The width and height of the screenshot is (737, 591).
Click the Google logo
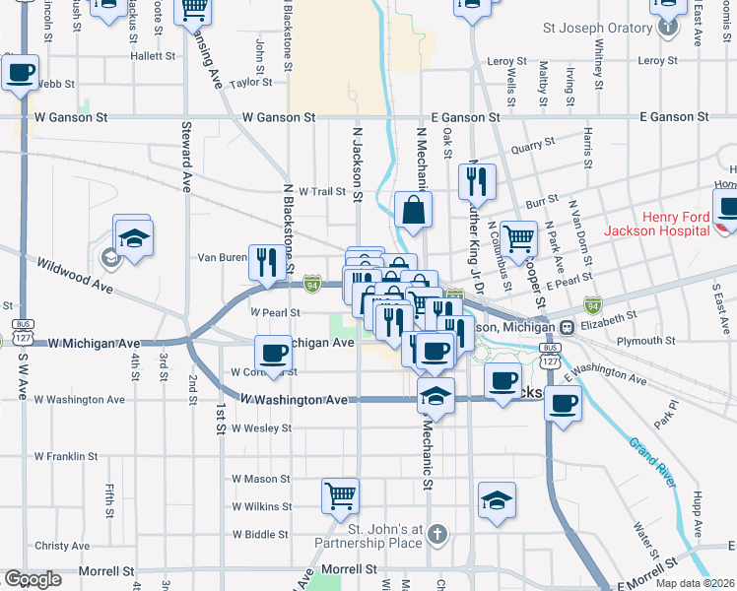pyautogui.click(x=33, y=579)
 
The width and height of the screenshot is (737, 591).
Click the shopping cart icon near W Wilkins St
pyautogui.click(x=340, y=495)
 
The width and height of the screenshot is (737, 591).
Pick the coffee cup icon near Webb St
pyautogui.click(x=20, y=72)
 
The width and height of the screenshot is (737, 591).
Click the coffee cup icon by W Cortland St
pyautogui.click(x=273, y=353)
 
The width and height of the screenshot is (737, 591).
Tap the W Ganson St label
pyautogui.click(x=71, y=117)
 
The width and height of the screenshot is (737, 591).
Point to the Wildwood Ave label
pyautogui.click(x=74, y=278)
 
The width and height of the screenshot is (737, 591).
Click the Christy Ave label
pyautogui.click(x=62, y=546)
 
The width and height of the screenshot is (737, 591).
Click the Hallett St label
pyautogui.click(x=152, y=57)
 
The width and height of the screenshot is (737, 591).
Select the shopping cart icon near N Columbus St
pyautogui.click(x=518, y=236)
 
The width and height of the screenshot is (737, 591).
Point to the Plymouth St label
pyautogui.click(x=645, y=341)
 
